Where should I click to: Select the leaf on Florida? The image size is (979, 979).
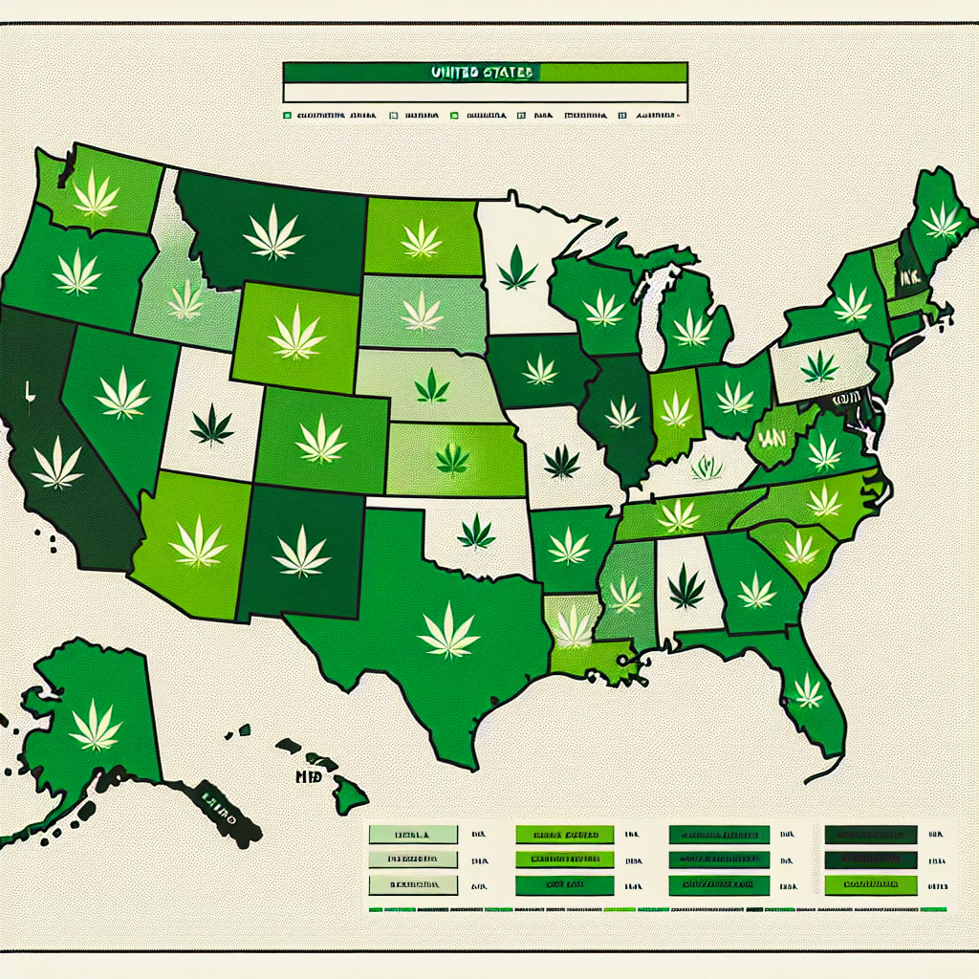click(x=809, y=688)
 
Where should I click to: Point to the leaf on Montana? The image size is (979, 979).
click(x=273, y=234)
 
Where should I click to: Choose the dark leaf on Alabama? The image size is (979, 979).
click(x=685, y=586)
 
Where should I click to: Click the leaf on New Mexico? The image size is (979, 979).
click(x=301, y=552)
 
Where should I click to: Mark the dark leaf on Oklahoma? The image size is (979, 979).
click(x=475, y=532)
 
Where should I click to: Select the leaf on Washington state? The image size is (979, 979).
click(x=97, y=194)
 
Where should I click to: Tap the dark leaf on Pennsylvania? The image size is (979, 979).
click(x=818, y=366)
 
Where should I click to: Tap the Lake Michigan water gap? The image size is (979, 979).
click(x=652, y=315)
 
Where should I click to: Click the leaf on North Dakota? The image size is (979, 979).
click(x=421, y=238)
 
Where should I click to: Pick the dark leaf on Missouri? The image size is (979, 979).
click(x=561, y=462)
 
